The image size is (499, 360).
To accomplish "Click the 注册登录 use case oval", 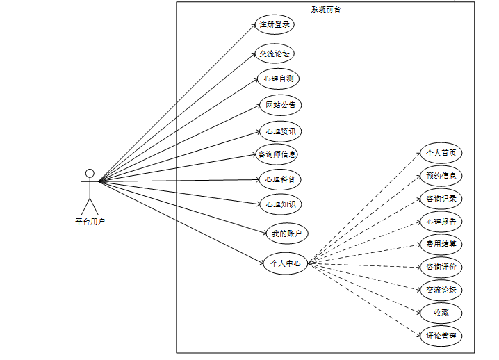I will (x=274, y=25).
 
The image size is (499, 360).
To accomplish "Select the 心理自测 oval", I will (x=278, y=79).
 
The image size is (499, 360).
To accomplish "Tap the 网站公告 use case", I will (x=281, y=106).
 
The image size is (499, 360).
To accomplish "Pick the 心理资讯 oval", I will (x=280, y=131).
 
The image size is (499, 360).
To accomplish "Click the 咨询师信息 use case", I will (x=277, y=154).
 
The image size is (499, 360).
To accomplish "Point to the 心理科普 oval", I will (x=280, y=179).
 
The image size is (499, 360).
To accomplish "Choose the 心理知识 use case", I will (x=281, y=204).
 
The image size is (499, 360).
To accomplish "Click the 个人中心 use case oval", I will (x=285, y=263).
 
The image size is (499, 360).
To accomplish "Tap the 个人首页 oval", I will (x=441, y=153).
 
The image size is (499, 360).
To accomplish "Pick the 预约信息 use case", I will (x=441, y=176).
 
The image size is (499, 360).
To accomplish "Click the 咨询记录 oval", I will (x=441, y=199).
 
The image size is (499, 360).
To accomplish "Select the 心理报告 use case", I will (x=441, y=222).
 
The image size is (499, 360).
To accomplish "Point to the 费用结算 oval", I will (x=441, y=244).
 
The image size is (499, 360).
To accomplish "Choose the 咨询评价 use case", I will (x=441, y=267).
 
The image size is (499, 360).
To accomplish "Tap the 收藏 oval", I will (x=441, y=312).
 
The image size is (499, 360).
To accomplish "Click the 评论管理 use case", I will (x=441, y=336).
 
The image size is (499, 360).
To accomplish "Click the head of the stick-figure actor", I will (x=89, y=173).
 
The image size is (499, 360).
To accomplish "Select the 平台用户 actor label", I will (x=90, y=221).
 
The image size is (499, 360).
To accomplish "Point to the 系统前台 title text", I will (x=325, y=9).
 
